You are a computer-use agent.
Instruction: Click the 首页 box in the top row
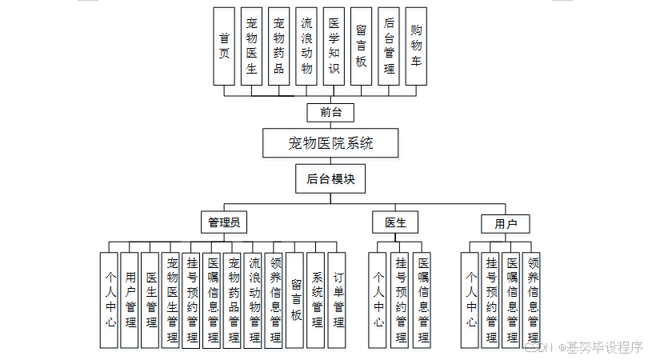(224, 46)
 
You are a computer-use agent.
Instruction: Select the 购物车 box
(415, 46)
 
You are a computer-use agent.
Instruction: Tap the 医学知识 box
(334, 46)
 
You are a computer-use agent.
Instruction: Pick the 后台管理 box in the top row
(388, 46)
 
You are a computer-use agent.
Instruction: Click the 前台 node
(330, 112)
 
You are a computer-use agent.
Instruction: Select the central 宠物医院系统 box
(330, 144)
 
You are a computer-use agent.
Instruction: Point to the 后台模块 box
(330, 179)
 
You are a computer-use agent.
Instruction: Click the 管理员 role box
(224, 222)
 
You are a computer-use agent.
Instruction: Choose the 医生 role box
(395, 222)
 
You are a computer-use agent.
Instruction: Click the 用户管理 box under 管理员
(130, 300)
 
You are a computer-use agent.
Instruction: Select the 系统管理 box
(317, 300)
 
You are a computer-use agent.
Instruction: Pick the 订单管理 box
(338, 300)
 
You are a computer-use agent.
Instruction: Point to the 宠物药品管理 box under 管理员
(234, 300)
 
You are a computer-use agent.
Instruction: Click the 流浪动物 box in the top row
(306, 46)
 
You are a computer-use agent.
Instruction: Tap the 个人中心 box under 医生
(379, 300)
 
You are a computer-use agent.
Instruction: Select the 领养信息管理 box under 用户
(533, 300)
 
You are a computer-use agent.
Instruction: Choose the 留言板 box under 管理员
(295, 300)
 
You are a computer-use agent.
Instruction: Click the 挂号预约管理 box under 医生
(401, 300)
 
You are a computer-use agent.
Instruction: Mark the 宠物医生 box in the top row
(251, 46)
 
